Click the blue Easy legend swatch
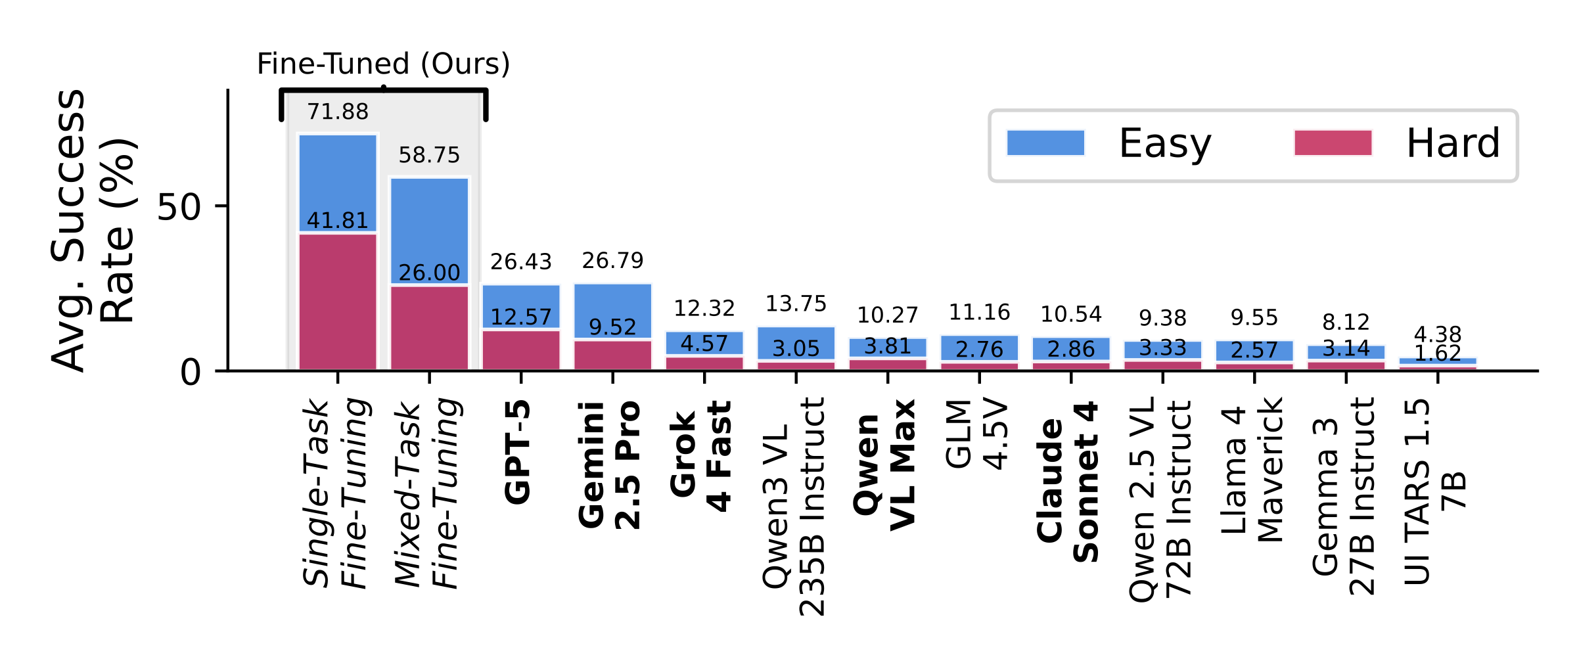click(x=1045, y=143)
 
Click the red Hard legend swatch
click(x=1333, y=143)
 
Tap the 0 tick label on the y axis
click(x=191, y=373)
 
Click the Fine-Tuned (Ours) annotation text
click(x=383, y=64)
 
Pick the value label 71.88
click(x=338, y=112)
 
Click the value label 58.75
click(x=429, y=156)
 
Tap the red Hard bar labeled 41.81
click(x=338, y=302)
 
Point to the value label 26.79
click(x=612, y=261)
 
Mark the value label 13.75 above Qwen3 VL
click(x=796, y=304)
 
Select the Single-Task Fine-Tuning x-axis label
click(x=335, y=493)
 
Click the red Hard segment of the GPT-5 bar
click(x=521, y=350)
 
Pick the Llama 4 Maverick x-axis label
click(x=1251, y=470)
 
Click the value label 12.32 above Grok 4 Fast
click(x=704, y=309)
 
